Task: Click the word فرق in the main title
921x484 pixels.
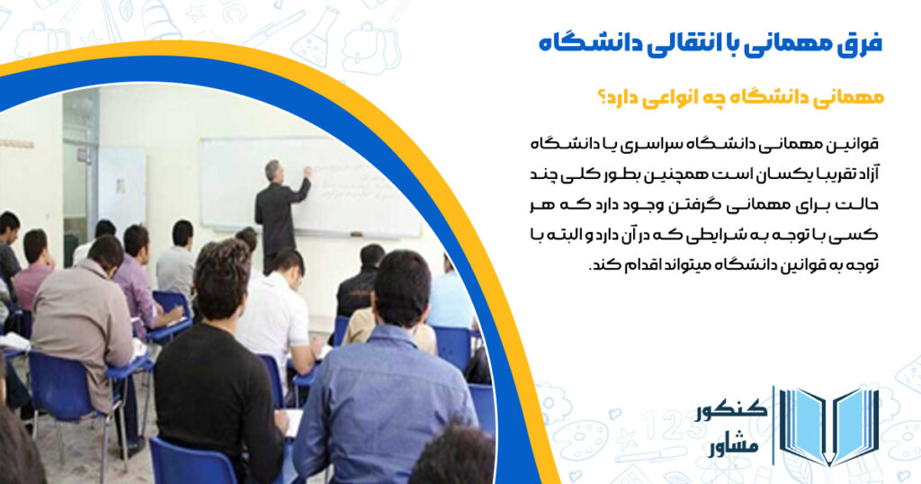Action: [860, 43]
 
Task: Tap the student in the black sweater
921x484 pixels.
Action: [216, 378]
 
